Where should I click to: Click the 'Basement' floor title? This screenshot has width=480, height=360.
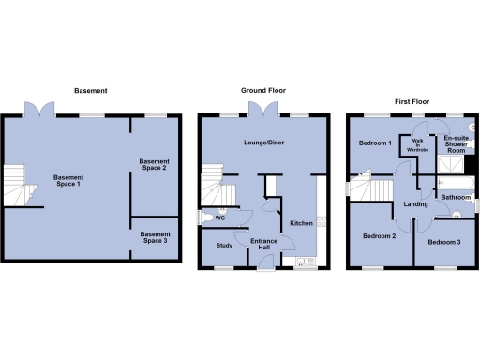(91, 91)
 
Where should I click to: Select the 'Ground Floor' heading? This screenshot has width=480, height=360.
(263, 91)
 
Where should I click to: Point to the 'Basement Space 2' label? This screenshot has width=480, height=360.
(154, 164)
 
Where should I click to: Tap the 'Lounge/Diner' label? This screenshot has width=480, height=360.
(263, 141)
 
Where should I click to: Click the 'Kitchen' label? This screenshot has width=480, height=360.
(301, 223)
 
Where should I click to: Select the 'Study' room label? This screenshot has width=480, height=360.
(224, 246)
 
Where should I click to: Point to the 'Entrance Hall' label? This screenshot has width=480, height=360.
(263, 246)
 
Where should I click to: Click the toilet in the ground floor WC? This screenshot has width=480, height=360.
(206, 217)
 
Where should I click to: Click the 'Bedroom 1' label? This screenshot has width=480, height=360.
(375, 143)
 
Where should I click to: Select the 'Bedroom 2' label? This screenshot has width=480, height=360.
(379, 236)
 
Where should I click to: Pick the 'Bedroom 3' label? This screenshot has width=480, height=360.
(443, 242)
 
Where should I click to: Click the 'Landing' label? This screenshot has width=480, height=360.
(415, 203)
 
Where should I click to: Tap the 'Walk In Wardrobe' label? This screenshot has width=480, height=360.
(415, 143)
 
